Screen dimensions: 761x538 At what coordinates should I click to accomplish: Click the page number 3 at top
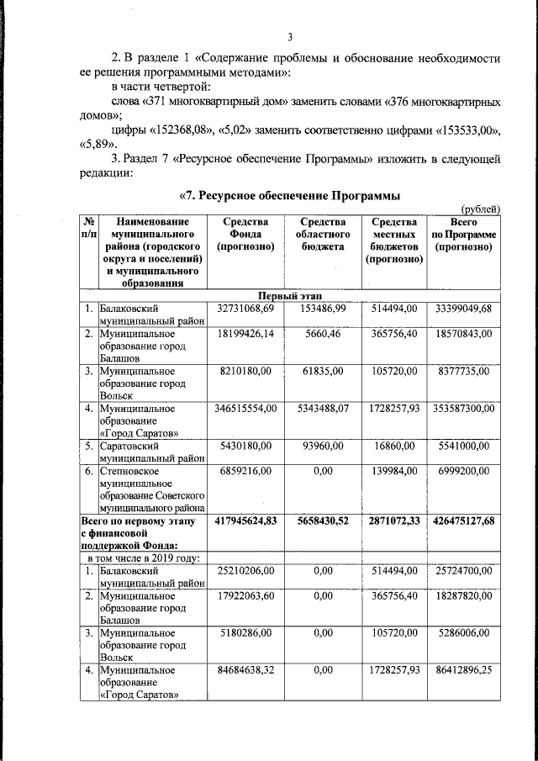[290, 37]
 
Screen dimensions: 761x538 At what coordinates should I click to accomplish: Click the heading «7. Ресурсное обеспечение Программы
[289, 195]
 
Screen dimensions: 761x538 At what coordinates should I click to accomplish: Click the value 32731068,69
[245, 309]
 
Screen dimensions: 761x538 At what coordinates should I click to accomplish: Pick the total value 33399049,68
[464, 309]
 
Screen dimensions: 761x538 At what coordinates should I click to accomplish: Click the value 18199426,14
[245, 334]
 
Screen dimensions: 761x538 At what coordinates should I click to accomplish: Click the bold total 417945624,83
[245, 521]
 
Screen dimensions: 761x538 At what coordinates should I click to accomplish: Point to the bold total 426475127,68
[464, 521]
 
